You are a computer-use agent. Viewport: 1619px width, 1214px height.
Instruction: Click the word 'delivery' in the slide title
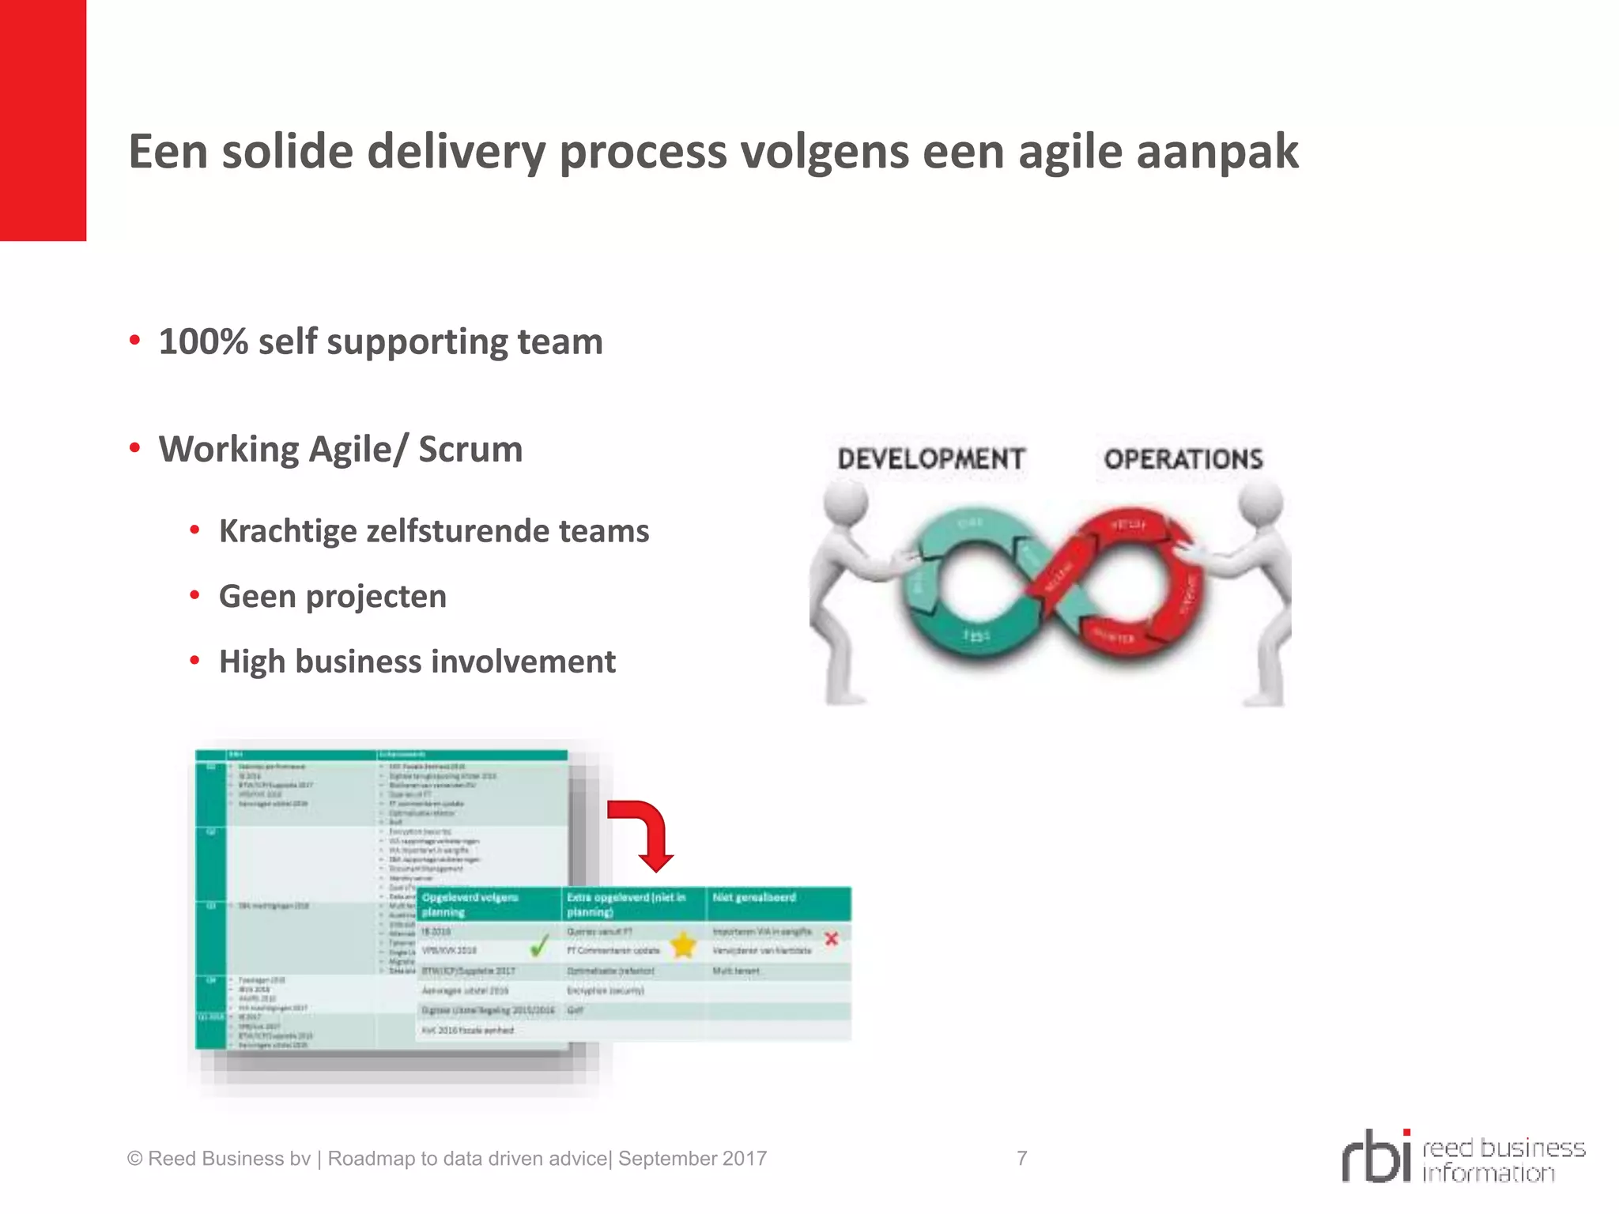coord(456,152)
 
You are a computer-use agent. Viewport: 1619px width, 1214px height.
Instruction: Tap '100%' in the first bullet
coord(203,342)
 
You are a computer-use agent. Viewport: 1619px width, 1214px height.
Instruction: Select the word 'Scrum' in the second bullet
coord(470,450)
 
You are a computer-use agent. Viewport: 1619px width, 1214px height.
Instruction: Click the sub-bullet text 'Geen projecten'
coord(333,597)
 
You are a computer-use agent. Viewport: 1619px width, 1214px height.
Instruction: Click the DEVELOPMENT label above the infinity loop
coord(930,459)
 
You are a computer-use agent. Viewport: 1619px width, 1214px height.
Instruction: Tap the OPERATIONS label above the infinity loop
coord(1183,459)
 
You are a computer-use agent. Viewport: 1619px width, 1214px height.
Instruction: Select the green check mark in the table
coord(539,945)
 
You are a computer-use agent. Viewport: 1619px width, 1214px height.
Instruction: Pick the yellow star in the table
coord(683,944)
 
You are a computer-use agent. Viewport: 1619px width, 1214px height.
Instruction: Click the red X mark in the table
coord(832,939)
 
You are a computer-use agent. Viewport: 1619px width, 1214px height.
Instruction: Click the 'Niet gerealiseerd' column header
coord(754,898)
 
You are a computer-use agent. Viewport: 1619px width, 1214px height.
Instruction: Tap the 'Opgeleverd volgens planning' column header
coord(470,905)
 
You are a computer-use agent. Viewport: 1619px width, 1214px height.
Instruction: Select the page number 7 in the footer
coord(1022,1159)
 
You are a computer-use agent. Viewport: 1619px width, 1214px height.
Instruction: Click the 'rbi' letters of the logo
coord(1376,1157)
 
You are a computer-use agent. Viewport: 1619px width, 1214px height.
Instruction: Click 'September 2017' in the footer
coord(693,1159)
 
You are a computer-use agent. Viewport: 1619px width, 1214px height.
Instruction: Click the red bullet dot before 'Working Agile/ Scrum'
coord(135,448)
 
